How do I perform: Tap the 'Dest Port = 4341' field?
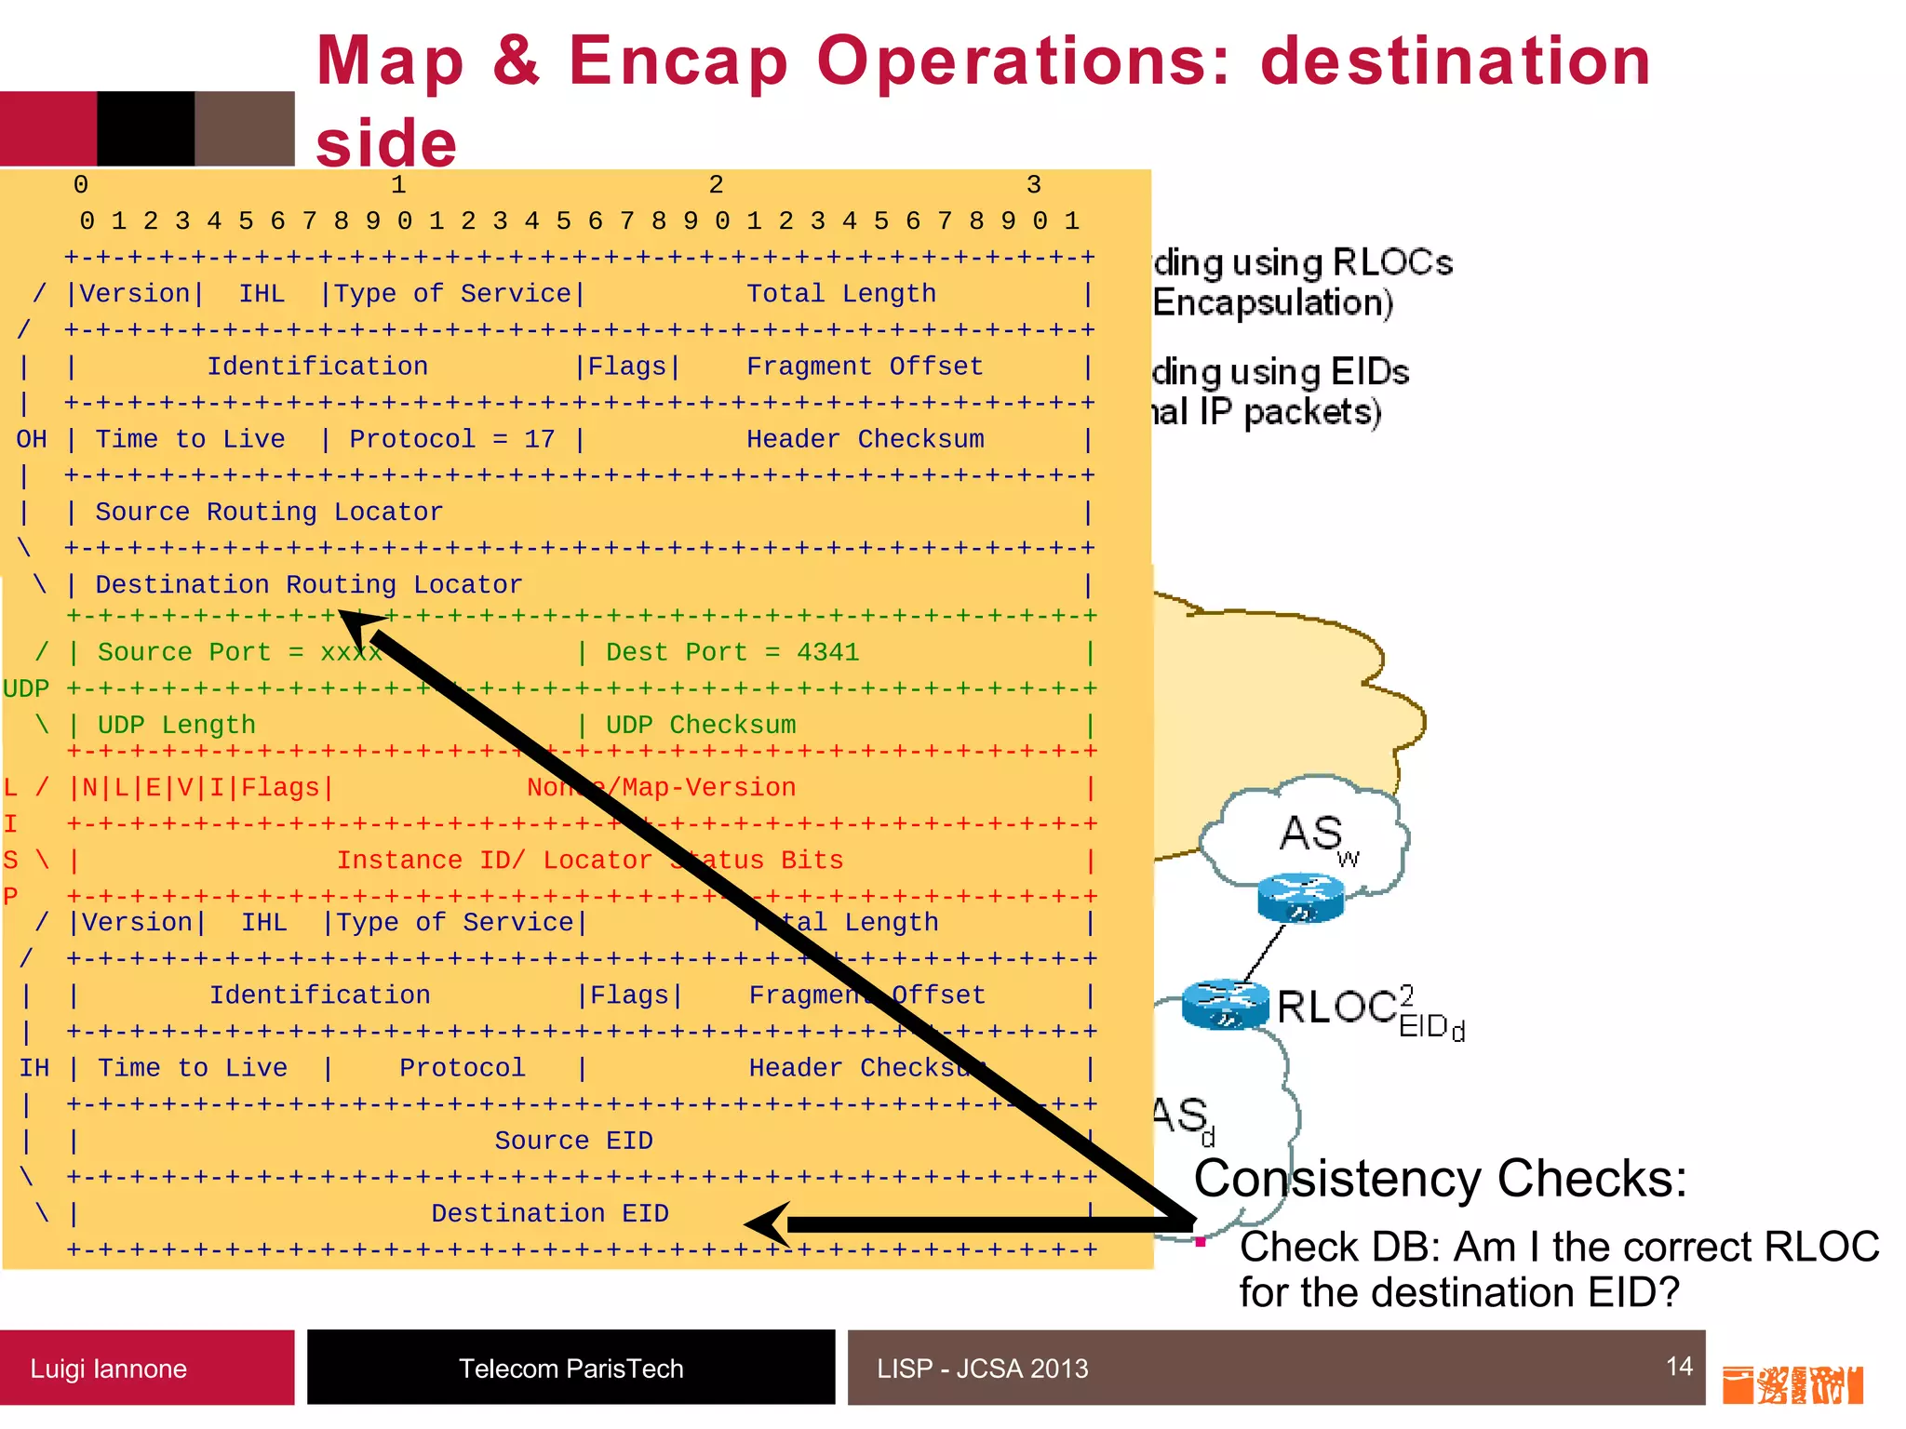tap(732, 652)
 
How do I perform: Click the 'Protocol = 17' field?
tap(451, 439)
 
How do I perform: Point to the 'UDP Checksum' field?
tap(700, 725)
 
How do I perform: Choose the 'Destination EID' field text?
tap(549, 1213)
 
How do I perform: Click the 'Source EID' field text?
tap(573, 1141)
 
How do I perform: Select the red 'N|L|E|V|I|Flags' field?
tap(201, 788)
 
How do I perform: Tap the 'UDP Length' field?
tap(176, 725)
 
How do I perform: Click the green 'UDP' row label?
tap(26, 688)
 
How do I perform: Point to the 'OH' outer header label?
tap(32, 439)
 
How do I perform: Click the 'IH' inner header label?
tap(34, 1068)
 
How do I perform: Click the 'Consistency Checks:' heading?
tap(1440, 1179)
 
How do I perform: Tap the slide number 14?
tap(1679, 1366)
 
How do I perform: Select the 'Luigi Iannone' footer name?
tap(108, 1369)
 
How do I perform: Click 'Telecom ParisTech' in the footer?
tap(570, 1369)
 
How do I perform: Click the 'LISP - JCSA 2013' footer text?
tap(982, 1369)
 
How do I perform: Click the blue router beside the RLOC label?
tap(1225, 1005)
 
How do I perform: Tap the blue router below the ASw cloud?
tap(1300, 898)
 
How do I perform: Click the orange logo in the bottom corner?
tap(1792, 1385)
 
